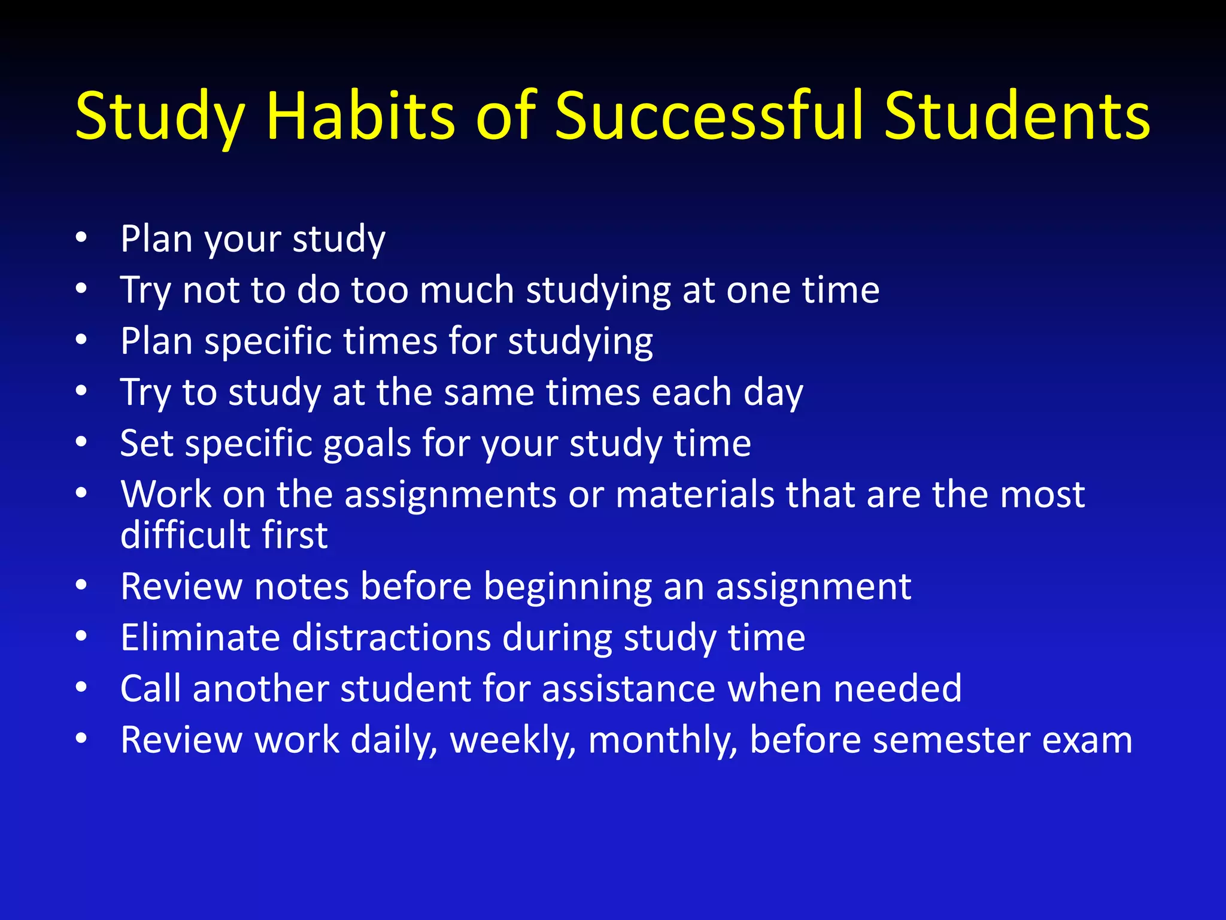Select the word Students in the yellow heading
coord(1017,116)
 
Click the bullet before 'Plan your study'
coord(81,238)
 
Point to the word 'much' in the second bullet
coord(466,290)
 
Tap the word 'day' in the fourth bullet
coord(773,394)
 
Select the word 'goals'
coord(366,444)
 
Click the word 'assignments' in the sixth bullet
coord(451,495)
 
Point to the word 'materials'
coord(695,495)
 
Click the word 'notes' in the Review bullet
coord(301,586)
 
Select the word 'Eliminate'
coord(200,637)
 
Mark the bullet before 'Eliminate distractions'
coord(81,637)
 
